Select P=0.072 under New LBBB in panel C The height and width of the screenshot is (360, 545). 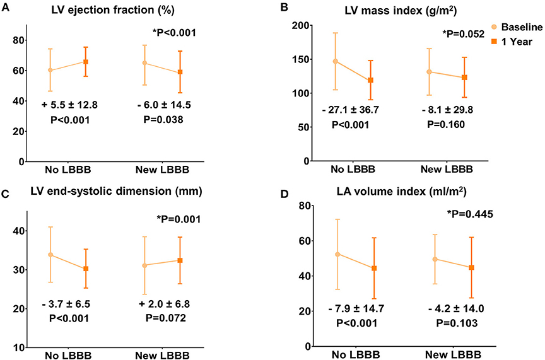(x=161, y=318)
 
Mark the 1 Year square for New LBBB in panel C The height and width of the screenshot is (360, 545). (x=180, y=260)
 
